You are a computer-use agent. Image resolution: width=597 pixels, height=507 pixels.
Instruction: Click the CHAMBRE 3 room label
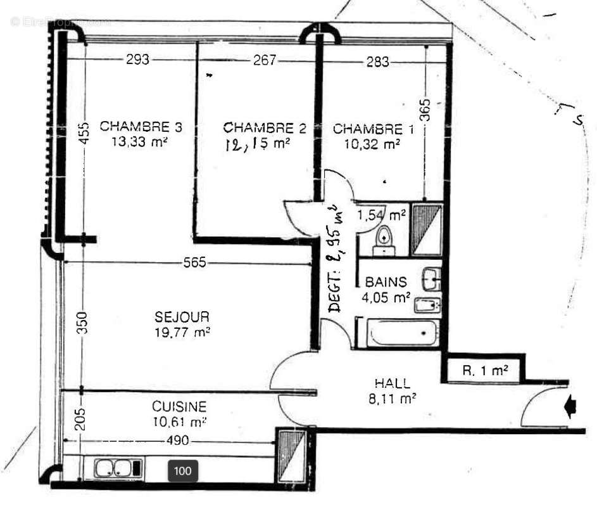tap(141, 127)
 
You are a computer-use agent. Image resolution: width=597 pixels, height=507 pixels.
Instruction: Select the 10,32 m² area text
tap(372, 144)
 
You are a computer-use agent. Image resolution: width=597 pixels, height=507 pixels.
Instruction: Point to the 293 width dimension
tap(138, 60)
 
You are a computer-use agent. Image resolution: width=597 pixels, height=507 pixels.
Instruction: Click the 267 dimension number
tap(265, 60)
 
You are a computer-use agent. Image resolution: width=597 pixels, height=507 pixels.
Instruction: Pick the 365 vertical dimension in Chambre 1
tap(425, 110)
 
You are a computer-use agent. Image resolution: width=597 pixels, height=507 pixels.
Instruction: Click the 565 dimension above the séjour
tap(194, 263)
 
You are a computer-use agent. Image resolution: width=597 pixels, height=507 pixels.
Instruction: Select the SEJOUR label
tap(182, 316)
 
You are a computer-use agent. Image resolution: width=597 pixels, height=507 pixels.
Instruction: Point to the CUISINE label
tap(179, 406)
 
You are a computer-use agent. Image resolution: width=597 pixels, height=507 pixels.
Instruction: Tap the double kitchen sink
tap(118, 469)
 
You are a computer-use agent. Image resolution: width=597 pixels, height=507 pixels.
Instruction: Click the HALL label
tap(393, 383)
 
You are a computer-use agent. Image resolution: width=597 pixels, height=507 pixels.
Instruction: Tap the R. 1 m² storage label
tap(485, 371)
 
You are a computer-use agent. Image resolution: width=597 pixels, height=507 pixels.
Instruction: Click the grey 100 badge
tap(183, 471)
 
